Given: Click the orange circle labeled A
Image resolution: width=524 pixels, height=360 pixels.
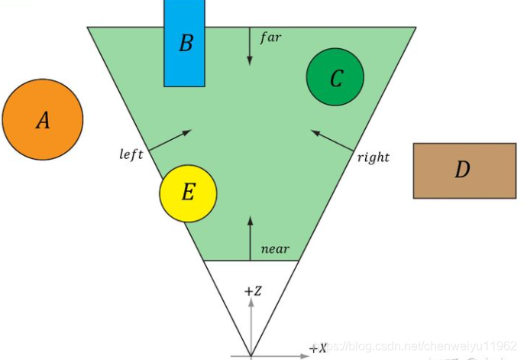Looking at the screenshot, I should (x=42, y=119).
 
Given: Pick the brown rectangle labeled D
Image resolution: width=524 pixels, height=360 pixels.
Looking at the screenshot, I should (x=464, y=170).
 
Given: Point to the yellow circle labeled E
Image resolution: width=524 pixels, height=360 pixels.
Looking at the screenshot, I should (x=188, y=192).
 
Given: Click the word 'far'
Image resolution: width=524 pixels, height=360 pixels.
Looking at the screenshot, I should (x=271, y=37).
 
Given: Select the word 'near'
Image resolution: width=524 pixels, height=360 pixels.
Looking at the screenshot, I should (x=275, y=249).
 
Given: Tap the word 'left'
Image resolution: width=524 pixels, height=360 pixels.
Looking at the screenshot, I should (x=131, y=154).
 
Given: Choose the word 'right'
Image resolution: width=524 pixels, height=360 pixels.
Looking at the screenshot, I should (x=374, y=157).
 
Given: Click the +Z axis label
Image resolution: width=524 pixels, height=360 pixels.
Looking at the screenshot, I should (x=253, y=291).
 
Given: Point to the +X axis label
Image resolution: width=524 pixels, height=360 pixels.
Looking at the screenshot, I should (x=318, y=349).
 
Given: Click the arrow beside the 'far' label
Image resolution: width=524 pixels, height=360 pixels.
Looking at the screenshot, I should (x=250, y=47).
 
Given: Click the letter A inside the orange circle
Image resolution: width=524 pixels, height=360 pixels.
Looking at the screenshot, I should (x=43, y=120).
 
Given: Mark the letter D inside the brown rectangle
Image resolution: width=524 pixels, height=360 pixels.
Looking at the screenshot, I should (x=462, y=170).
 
